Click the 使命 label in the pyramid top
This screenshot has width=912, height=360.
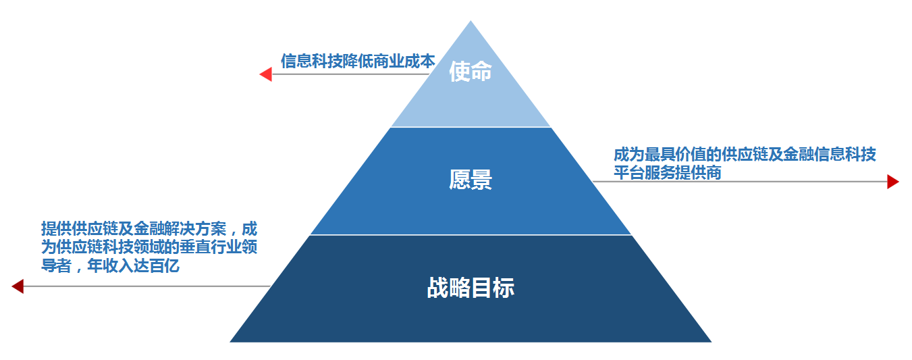(471, 71)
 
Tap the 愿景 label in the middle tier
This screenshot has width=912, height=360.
(471, 180)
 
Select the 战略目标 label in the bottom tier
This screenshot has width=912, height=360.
(471, 288)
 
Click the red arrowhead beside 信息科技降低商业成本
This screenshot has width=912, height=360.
(266, 74)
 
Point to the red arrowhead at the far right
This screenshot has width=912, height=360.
(892, 181)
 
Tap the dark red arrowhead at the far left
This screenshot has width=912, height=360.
(18, 286)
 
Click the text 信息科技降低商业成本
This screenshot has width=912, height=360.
(358, 61)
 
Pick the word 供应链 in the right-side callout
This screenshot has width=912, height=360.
(739, 155)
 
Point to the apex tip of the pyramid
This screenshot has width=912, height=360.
(471, 22)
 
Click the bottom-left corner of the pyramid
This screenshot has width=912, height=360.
(232, 341)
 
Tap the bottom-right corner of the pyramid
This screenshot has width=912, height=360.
(710, 341)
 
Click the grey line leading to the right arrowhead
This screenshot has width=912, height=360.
(743, 181)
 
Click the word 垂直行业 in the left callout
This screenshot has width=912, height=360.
(195, 247)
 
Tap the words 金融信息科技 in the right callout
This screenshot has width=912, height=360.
(836, 155)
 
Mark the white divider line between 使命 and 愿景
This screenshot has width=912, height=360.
(471, 127)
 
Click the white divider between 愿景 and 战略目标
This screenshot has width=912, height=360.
(471, 235)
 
